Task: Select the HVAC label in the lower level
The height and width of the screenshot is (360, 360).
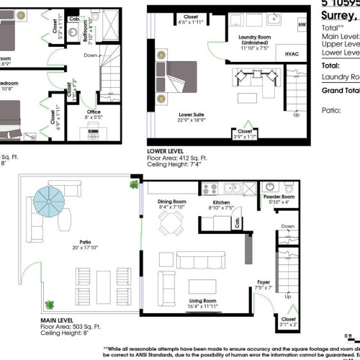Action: tap(292, 54)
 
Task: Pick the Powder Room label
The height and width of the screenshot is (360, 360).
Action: tap(278, 197)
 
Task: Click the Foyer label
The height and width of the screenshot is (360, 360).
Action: tap(263, 282)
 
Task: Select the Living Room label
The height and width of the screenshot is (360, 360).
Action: tap(203, 302)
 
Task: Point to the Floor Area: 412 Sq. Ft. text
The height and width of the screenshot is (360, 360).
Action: tap(176, 158)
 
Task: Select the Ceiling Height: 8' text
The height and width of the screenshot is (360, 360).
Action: tap(66, 332)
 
